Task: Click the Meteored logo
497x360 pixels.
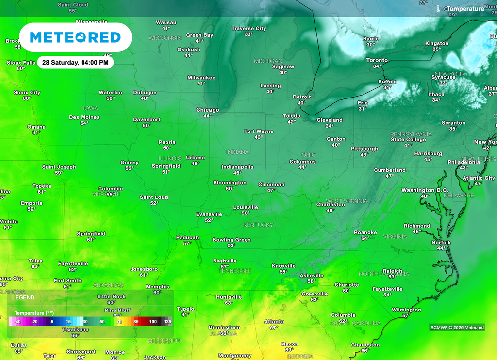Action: click(75, 37)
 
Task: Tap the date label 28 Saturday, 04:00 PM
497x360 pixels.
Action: click(75, 63)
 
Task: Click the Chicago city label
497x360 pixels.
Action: click(207, 110)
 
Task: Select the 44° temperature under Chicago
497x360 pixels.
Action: click(207, 116)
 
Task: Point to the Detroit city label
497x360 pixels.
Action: click(301, 97)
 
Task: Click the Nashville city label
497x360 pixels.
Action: click(225, 261)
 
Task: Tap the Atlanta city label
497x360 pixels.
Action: click(274, 322)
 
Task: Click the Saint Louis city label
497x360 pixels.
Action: click(154, 197)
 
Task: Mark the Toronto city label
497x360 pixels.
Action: click(377, 60)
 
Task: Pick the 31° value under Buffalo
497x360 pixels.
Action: click(387, 88)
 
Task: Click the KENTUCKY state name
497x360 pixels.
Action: click(258, 225)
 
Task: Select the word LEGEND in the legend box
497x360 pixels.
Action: click(23, 297)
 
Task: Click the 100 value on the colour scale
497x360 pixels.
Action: click(153, 321)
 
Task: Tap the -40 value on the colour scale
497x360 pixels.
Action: click(17, 321)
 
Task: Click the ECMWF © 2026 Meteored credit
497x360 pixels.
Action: click(457, 327)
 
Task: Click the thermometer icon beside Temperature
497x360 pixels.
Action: click(438, 9)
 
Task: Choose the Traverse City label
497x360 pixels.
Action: click(248, 29)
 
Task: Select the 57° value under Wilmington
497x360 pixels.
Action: click(406, 316)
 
